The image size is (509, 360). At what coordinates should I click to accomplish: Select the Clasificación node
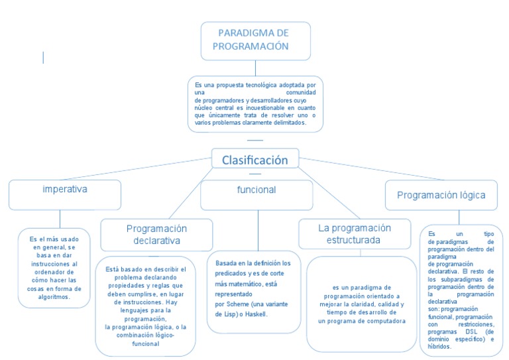(x=254, y=160)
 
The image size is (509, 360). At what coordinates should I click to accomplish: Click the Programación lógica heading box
(x=441, y=195)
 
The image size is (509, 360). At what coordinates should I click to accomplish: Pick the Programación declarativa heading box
(x=156, y=235)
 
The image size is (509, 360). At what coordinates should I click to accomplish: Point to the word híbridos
(x=439, y=347)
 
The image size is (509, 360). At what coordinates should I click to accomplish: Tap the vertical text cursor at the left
(x=44, y=58)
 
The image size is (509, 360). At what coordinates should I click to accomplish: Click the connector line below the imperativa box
(x=60, y=218)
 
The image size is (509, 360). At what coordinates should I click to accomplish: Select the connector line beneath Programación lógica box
(x=459, y=217)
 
